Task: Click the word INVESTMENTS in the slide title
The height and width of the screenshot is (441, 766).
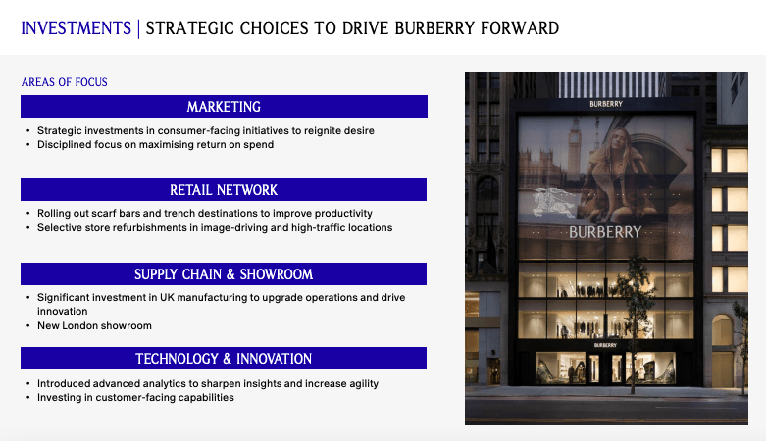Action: coord(76,27)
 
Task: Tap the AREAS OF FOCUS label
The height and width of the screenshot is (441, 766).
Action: coord(65,82)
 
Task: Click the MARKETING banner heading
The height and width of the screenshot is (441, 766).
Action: coord(224,106)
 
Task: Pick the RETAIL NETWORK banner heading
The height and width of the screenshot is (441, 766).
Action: coord(224,189)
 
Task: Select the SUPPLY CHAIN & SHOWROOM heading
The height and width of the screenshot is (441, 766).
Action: coord(224,273)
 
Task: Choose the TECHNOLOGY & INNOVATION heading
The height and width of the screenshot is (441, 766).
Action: coord(224,358)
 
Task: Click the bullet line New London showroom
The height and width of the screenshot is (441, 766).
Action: coord(95,325)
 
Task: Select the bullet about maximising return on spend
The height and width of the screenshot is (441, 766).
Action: coord(155,145)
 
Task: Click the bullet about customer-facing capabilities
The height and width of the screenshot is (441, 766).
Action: coord(135,397)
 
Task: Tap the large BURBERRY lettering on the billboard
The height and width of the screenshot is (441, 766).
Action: coord(605,233)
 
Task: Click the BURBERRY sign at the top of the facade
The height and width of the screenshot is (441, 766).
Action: coord(605,103)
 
